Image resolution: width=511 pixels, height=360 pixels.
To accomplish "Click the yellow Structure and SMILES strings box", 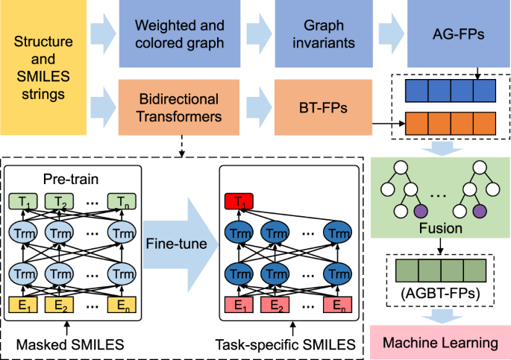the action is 43,67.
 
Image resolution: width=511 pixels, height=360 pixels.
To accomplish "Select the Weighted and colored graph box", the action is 180,34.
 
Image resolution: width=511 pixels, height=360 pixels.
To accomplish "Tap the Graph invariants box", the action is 324,34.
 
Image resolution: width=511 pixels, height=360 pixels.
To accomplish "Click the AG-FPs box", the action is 459,34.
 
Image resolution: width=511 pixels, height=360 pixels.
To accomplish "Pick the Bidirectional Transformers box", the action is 179,107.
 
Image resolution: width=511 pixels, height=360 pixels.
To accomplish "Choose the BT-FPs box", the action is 323,107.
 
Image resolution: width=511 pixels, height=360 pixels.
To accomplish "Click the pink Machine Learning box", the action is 440,342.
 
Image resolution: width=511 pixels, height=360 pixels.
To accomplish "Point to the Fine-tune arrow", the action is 181,244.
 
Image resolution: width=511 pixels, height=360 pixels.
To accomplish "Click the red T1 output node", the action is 239,201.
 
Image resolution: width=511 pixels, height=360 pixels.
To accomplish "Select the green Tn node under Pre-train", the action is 122,201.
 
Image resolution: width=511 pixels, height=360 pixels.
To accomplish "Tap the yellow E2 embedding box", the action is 59,305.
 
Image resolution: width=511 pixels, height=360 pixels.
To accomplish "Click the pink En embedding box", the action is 337,305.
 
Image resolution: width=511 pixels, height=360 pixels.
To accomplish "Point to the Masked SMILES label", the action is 70,344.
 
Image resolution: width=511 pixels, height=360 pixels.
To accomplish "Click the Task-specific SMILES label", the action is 285,344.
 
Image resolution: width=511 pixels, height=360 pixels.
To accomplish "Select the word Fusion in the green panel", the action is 441,228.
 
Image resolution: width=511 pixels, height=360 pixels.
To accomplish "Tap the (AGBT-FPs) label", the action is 440,294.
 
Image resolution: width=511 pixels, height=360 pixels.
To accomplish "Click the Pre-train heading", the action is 71,179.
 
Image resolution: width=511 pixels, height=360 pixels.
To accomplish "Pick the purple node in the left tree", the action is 421,211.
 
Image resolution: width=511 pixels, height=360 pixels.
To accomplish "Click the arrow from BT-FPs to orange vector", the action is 389,124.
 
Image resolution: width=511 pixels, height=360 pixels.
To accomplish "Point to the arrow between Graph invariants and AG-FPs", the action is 392,34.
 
